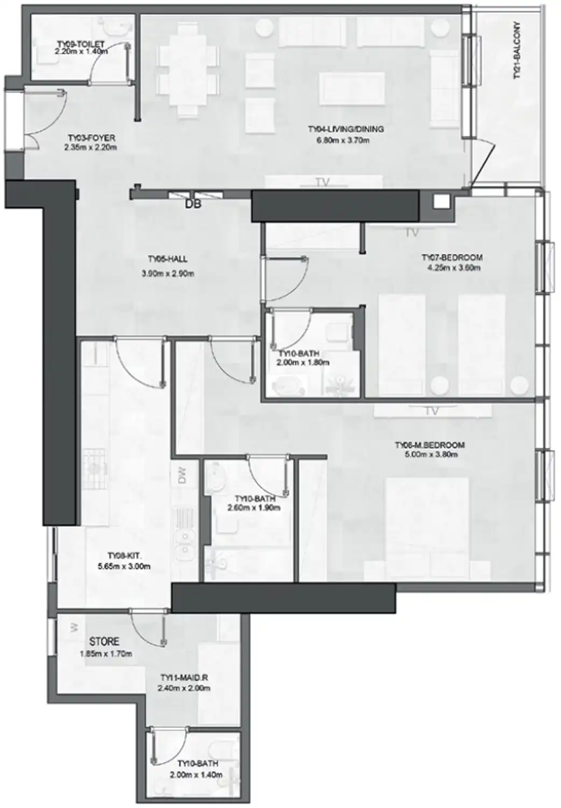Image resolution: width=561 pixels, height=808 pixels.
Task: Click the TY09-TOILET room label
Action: point(81,44)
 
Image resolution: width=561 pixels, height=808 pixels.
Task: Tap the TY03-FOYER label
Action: point(92,138)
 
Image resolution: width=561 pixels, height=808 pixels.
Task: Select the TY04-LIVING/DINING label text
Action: point(346,129)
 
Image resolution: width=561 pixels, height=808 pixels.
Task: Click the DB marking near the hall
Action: point(192,205)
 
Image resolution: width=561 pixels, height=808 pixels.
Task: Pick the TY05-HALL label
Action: point(167,259)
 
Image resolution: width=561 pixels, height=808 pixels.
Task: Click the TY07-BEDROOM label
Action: point(452,257)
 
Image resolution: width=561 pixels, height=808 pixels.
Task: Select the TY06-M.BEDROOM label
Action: point(430,445)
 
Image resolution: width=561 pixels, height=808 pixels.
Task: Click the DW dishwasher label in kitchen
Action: point(182,476)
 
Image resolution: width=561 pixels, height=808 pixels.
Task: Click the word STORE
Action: point(104,642)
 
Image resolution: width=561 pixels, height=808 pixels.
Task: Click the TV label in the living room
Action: point(322,183)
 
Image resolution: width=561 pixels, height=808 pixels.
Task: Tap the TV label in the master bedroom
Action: point(431,411)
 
